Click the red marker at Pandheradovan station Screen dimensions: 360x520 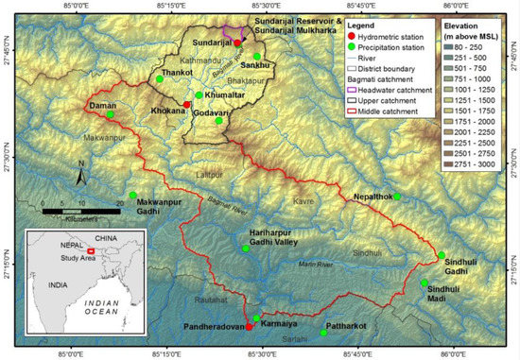click(x=249, y=326)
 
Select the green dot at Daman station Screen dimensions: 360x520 click(x=112, y=114)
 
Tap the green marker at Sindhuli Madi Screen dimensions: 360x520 click(x=424, y=282)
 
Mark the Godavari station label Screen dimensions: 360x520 click(x=213, y=111)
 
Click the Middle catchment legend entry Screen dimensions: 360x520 click(x=341, y=111)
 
